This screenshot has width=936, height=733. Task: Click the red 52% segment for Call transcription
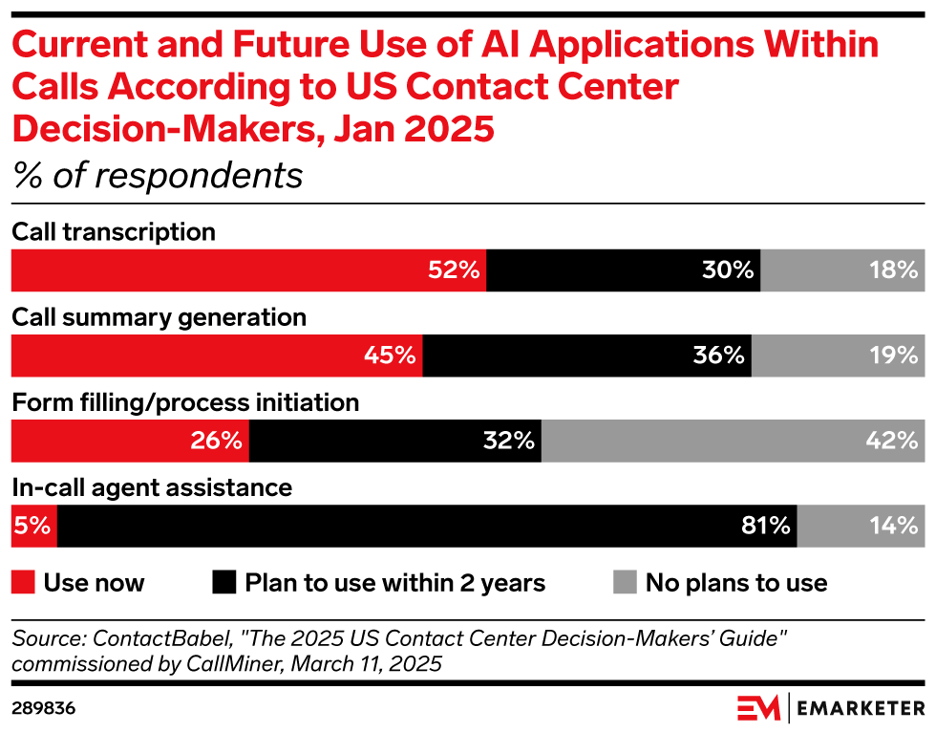coord(248,270)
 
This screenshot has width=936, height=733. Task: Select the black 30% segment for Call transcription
coord(624,270)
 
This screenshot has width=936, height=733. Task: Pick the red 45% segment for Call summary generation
coord(217,356)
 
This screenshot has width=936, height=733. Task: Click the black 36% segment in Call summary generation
coord(587,356)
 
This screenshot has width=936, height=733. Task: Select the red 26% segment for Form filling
coord(130,441)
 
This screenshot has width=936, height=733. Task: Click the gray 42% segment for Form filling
coord(733,441)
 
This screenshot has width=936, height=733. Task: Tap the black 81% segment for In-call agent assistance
coord(427,526)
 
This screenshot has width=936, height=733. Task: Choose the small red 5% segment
coord(33,526)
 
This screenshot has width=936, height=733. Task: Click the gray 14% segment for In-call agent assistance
coord(861,526)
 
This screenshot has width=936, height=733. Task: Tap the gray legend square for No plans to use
coord(624,582)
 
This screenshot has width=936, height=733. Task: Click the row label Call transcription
coord(114,232)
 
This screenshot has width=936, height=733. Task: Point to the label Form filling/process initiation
coord(185,402)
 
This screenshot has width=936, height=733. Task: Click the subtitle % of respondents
coord(157,176)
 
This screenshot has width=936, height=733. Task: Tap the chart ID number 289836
coord(44,708)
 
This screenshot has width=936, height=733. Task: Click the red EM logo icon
coord(758,708)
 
